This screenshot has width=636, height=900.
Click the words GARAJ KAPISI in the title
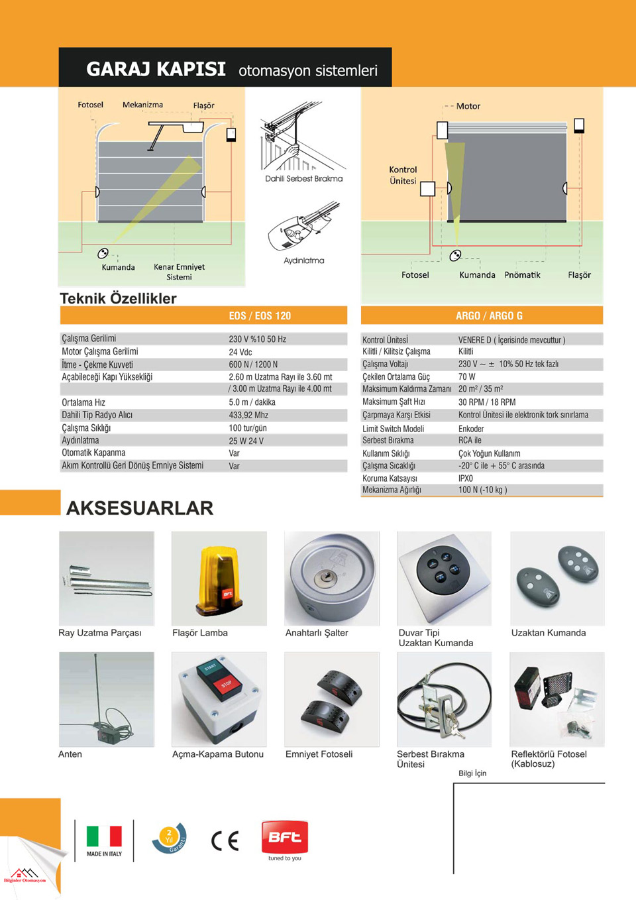(x=156, y=69)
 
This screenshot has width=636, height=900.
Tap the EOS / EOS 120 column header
(x=260, y=316)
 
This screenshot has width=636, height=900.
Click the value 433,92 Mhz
(x=248, y=416)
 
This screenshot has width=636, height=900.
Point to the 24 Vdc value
(x=240, y=352)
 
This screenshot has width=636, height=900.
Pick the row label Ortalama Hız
(x=83, y=402)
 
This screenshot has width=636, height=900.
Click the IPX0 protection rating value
(x=466, y=478)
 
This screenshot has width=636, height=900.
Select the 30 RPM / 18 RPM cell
(x=487, y=402)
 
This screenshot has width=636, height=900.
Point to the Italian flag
(x=104, y=836)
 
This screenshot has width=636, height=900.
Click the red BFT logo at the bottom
(x=285, y=838)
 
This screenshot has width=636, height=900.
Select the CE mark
(x=225, y=840)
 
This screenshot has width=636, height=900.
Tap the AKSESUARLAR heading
(x=140, y=508)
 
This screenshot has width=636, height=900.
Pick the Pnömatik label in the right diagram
(x=522, y=275)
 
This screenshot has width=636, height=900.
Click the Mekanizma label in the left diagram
(x=142, y=105)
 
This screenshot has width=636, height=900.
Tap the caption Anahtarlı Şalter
(x=317, y=633)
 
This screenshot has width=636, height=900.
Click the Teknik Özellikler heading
(x=118, y=298)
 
